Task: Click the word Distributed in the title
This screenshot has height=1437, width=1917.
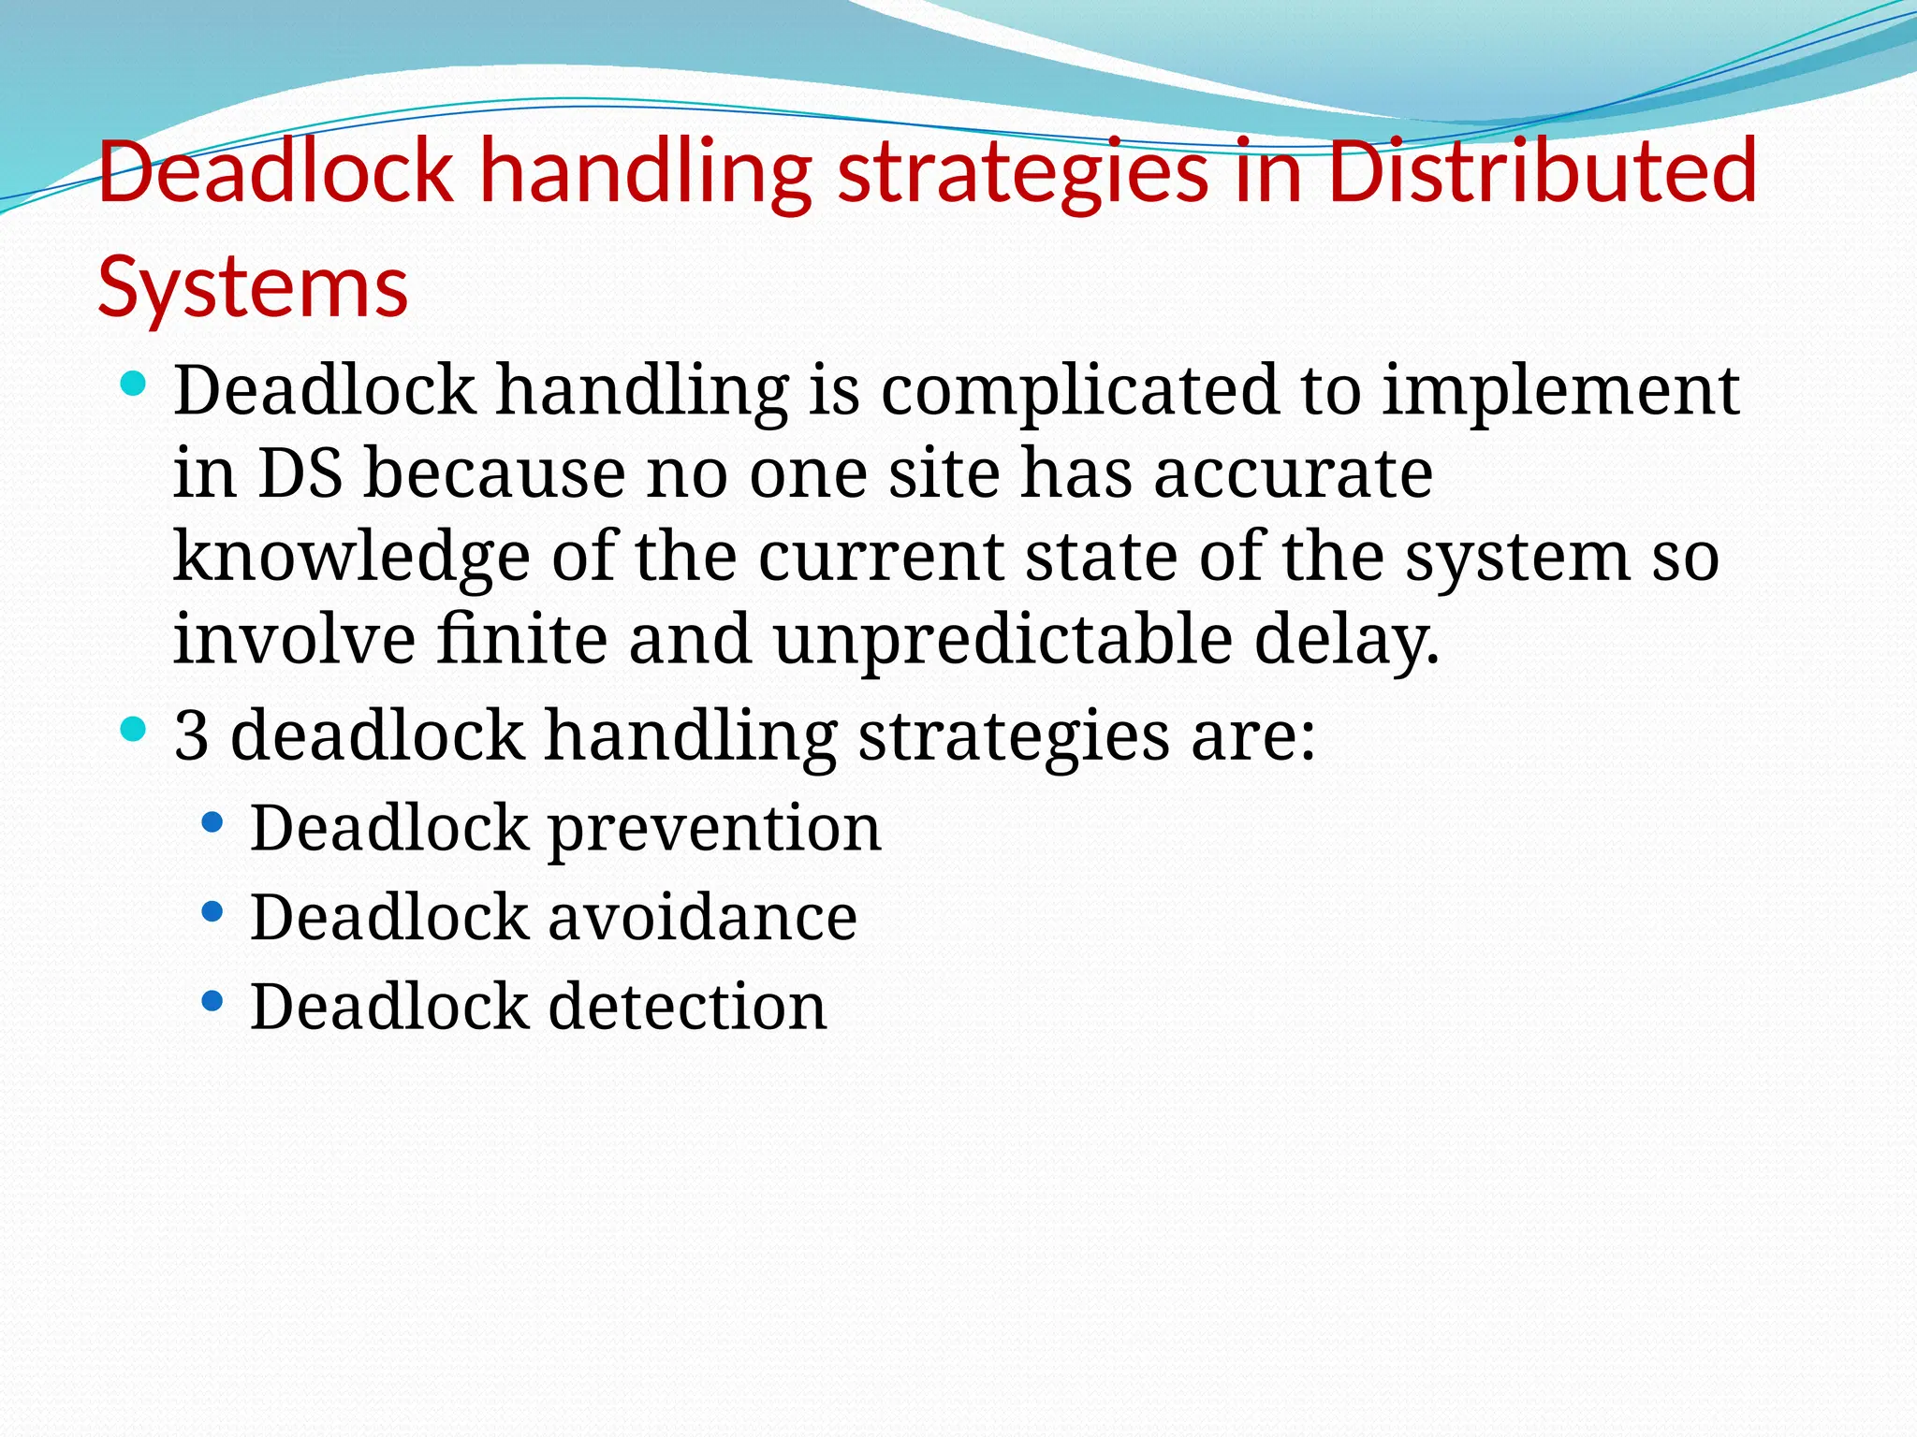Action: coord(1542,171)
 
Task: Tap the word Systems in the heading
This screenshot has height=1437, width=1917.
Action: coord(253,286)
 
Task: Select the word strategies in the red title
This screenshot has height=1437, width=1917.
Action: coord(1022,171)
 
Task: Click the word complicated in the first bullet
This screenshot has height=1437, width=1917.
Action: coord(1078,391)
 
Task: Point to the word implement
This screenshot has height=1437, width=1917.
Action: coord(1560,391)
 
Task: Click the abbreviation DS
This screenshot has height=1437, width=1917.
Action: coord(300,473)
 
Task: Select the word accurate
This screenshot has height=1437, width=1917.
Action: coord(1293,473)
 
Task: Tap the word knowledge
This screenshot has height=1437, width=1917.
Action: coord(351,557)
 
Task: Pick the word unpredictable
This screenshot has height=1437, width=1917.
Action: coord(1002,640)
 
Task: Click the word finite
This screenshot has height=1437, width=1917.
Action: coord(522,640)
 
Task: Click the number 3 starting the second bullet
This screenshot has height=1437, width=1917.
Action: coord(191,735)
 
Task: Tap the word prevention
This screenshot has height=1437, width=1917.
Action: coord(713,829)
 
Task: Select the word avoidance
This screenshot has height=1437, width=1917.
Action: coord(702,918)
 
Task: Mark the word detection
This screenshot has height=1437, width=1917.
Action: coord(687,1007)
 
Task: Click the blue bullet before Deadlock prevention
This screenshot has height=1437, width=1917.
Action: coord(212,822)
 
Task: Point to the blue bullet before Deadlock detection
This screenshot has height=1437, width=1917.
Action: coord(212,1002)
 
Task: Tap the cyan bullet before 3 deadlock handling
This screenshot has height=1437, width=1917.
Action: coord(134,728)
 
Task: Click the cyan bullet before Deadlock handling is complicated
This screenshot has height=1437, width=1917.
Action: coord(134,383)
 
